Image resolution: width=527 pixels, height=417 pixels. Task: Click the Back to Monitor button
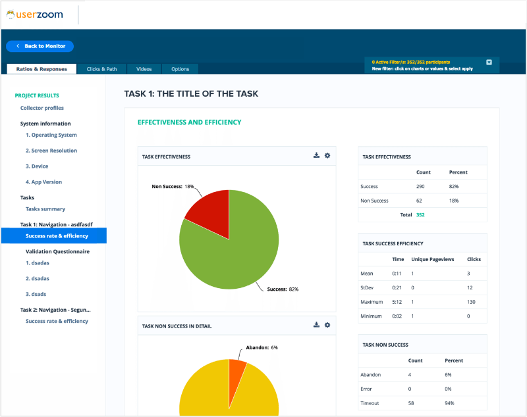pos(40,46)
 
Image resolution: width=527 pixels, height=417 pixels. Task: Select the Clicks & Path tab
pos(101,69)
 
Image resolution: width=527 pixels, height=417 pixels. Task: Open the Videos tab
pos(144,69)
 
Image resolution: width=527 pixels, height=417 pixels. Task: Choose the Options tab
pos(180,69)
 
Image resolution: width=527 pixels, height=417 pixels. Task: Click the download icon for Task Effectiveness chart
pos(316,156)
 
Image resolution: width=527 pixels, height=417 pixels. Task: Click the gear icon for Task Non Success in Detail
pos(327,325)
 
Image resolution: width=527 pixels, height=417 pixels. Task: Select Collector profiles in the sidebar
pos(42,108)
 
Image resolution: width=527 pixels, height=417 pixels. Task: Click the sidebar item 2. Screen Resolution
pos(51,151)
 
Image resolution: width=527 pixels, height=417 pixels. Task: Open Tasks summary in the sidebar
pos(45,209)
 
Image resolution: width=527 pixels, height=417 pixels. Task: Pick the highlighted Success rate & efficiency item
pos(57,235)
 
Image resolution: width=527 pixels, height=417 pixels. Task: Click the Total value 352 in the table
pos(420,214)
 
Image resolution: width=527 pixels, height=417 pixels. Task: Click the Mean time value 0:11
pos(397,273)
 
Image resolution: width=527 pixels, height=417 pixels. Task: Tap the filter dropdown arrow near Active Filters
pos(489,62)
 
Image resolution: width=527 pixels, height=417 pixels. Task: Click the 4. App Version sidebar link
pos(43,182)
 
